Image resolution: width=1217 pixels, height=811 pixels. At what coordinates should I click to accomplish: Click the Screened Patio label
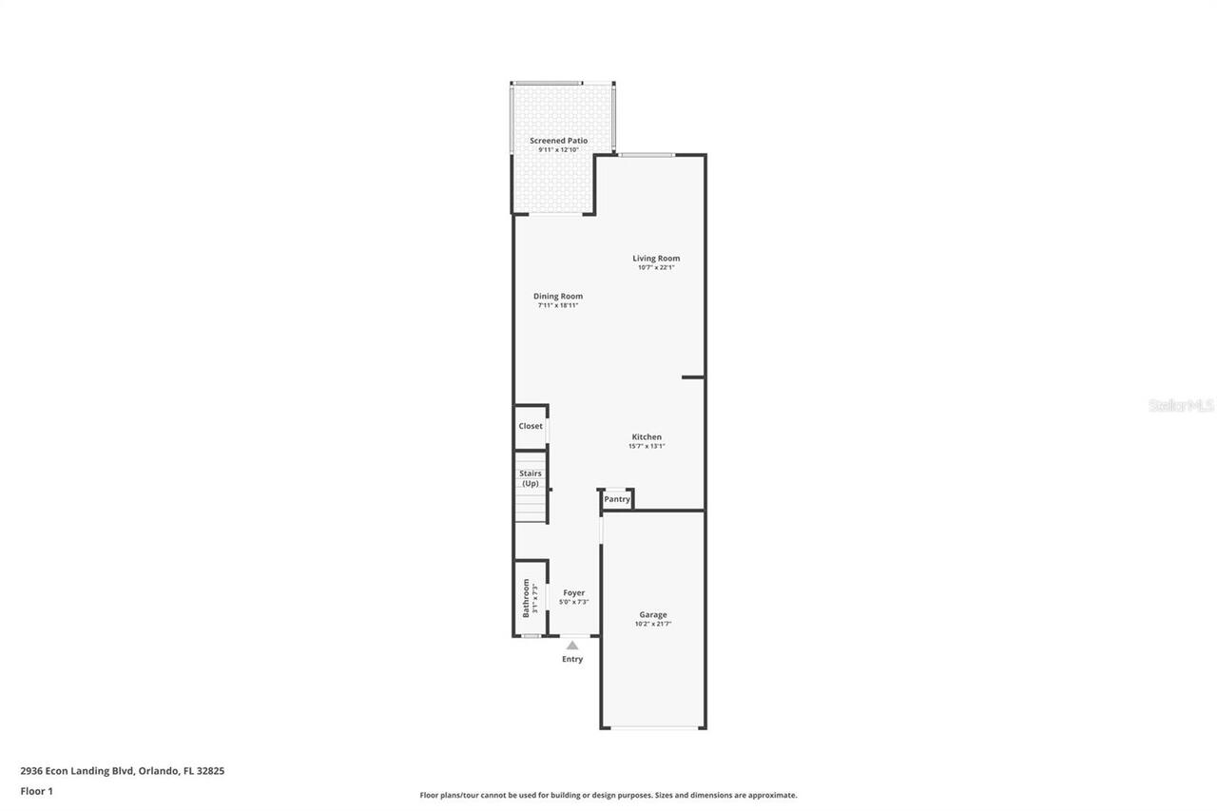coord(558,141)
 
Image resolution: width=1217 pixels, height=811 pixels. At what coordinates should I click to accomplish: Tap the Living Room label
coord(656,259)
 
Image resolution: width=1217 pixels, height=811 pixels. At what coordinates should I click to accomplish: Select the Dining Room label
coord(558,297)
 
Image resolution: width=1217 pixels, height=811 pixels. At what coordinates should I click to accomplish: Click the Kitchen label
coord(647,437)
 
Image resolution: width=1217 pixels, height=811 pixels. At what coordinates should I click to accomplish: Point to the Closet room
coord(531,426)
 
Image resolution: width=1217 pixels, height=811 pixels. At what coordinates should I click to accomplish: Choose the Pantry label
coord(617,499)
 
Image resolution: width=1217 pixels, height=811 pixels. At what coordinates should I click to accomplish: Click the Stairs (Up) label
coord(531,478)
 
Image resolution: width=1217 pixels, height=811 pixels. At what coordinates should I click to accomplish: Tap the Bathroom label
coord(526,598)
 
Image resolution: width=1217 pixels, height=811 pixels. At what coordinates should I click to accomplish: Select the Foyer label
coord(574,593)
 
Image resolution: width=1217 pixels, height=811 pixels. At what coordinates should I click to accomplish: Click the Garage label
coord(653,615)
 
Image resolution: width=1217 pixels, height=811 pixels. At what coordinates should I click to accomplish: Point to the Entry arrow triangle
coord(572,646)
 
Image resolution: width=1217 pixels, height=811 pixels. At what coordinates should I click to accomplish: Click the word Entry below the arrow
coord(572,659)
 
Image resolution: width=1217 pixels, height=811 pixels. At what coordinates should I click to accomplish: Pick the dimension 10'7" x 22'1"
coord(656,268)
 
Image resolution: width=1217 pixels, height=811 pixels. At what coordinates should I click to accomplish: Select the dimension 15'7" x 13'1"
coord(647,446)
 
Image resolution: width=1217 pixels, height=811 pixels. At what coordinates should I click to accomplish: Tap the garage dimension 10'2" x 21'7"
coord(653,625)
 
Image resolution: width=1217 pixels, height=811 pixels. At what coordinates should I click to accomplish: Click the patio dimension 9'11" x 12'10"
coord(558,150)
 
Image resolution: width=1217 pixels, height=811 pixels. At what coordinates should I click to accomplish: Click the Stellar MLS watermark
coord(1181,406)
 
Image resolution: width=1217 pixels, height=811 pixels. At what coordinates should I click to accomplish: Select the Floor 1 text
coord(37,791)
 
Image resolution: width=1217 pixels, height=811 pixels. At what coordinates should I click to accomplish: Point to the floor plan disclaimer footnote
coord(608,795)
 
